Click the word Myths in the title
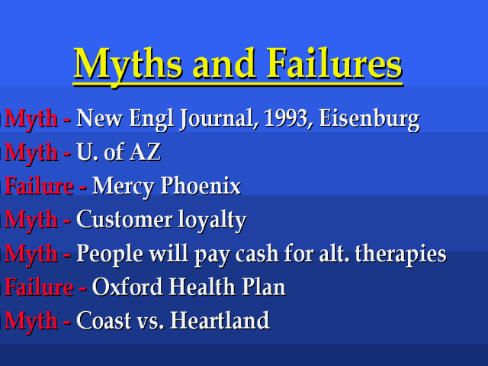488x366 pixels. pyautogui.click(x=127, y=65)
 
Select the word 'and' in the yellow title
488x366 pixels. pyautogui.click(x=223, y=63)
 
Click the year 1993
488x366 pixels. pyautogui.click(x=287, y=118)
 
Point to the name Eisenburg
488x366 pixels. pyautogui.click(x=370, y=120)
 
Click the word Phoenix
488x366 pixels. pyautogui.click(x=201, y=185)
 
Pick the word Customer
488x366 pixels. pyautogui.click(x=124, y=220)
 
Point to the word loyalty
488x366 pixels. pyautogui.click(x=212, y=220)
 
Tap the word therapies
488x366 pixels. pyautogui.click(x=400, y=254)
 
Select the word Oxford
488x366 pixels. pyautogui.click(x=127, y=287)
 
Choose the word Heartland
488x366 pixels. pyautogui.click(x=220, y=319)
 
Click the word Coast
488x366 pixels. pyautogui.click(x=104, y=320)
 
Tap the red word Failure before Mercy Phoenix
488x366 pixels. pyautogui.click(x=39, y=186)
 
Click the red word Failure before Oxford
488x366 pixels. pyautogui.click(x=39, y=287)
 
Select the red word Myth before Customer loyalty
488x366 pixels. pyautogui.click(x=31, y=220)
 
